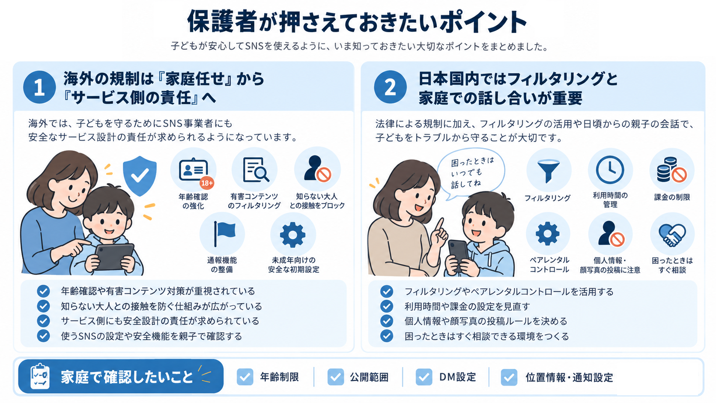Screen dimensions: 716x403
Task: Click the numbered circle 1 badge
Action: [39, 87]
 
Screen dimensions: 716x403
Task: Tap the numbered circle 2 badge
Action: [390, 87]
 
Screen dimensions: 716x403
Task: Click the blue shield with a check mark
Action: [140, 176]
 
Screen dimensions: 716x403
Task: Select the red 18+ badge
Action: [207, 183]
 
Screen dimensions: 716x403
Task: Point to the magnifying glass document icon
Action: [255, 170]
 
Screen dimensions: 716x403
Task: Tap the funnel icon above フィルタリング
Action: [549, 171]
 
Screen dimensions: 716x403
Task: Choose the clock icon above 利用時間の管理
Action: [610, 170]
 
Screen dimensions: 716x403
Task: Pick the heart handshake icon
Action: [672, 235]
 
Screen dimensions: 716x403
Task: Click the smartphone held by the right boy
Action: [459, 254]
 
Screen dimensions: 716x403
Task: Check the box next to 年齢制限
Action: [245, 377]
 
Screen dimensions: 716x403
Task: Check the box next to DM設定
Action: [424, 377]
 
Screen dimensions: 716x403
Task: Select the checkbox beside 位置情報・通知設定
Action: [509, 377]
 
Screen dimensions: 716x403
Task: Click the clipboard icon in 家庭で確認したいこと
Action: [40, 376]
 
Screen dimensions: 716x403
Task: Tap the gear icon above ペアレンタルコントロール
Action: [548, 233]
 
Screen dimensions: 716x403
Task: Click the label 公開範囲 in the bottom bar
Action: [369, 377]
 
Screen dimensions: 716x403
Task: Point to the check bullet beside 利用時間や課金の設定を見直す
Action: [387, 306]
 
